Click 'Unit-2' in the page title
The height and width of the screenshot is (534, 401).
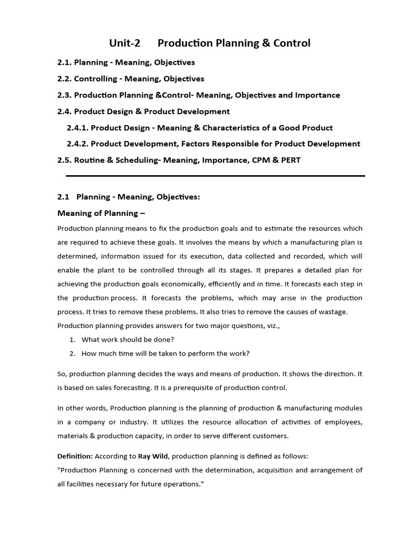coord(125,43)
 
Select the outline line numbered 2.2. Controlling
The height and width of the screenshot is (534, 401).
coord(131,79)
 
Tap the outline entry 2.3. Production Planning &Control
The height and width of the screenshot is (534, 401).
coord(198,95)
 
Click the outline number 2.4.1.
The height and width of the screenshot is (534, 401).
coord(78,128)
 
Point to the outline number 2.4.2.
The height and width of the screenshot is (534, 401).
coord(78,143)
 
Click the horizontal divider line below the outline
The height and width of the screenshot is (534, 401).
coord(215,176)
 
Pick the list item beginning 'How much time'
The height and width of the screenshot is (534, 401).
coord(166,354)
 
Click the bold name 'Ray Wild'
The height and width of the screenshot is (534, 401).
coord(152,456)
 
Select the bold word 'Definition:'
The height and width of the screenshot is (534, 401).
coord(75,456)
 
